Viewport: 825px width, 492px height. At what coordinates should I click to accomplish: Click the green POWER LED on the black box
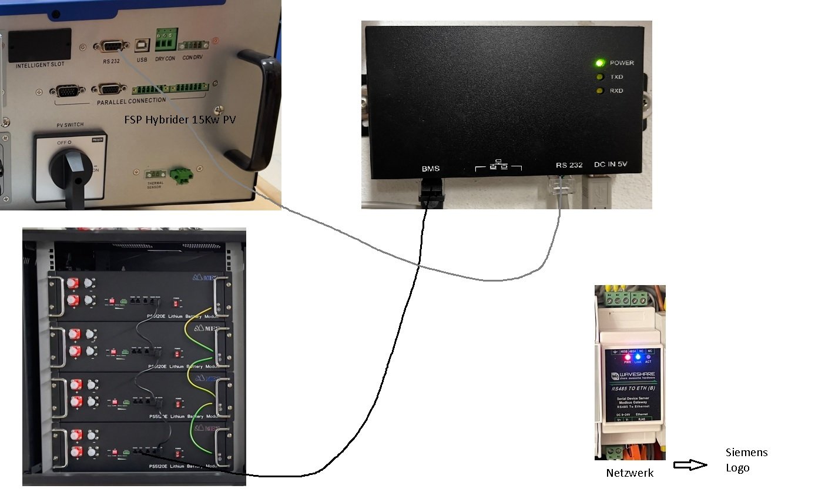(x=599, y=63)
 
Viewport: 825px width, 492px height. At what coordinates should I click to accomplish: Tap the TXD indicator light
(x=599, y=77)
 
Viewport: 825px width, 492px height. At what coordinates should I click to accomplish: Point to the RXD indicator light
(x=599, y=91)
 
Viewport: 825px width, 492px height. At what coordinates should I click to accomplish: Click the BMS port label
(x=430, y=169)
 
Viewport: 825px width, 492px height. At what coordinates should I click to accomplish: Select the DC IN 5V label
(x=611, y=165)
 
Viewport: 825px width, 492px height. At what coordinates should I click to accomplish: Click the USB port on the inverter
(x=142, y=46)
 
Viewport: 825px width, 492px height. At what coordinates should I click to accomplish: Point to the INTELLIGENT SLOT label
(x=39, y=64)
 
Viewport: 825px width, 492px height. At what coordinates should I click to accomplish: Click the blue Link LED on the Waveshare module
(x=638, y=357)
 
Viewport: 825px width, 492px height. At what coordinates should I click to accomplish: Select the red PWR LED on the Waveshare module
(x=627, y=357)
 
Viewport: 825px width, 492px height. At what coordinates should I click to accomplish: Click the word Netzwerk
(x=629, y=473)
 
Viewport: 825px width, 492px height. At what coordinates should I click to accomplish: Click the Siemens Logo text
(x=746, y=460)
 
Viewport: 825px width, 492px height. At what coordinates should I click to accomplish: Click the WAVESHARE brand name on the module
(x=638, y=375)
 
